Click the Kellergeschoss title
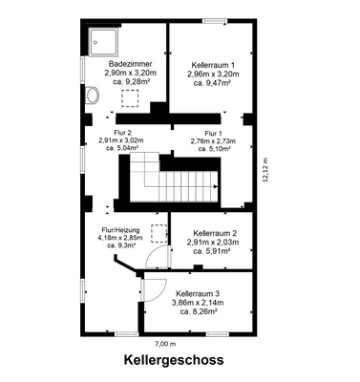[173, 362]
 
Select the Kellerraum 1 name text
[213, 64]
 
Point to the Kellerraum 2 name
[215, 234]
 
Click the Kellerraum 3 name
[198, 293]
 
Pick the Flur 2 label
[122, 134]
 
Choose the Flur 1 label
[212, 134]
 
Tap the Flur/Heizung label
[122, 230]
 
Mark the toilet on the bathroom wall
[92, 95]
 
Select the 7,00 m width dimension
[166, 343]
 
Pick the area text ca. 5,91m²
[214, 251]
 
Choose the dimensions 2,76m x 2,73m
[212, 141]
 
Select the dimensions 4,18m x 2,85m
[121, 238]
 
